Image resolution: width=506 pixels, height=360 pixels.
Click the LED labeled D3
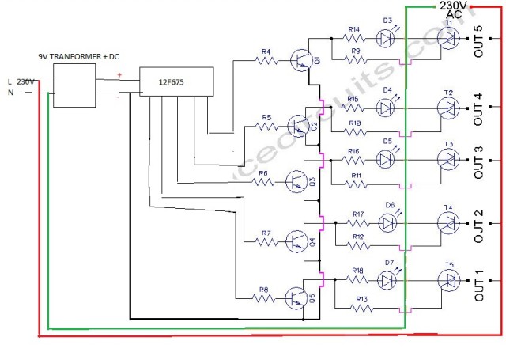(x=387, y=38)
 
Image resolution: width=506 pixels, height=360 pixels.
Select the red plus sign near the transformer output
(x=120, y=76)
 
